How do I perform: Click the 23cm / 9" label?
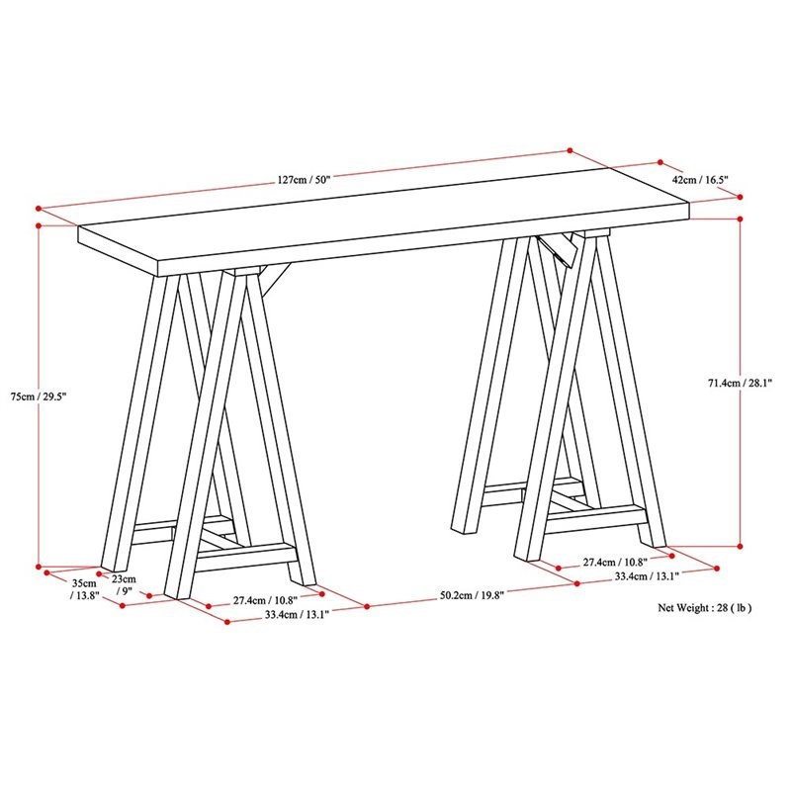click(x=123, y=584)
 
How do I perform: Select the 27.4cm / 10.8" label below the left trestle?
click(x=264, y=599)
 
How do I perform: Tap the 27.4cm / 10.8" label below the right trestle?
click(x=613, y=562)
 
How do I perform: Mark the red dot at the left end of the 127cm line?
click(x=38, y=209)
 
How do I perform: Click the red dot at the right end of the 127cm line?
click(x=570, y=150)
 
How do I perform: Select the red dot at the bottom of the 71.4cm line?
click(x=740, y=545)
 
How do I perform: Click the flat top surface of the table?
click(x=395, y=223)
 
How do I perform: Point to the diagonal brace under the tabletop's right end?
click(x=577, y=246)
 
